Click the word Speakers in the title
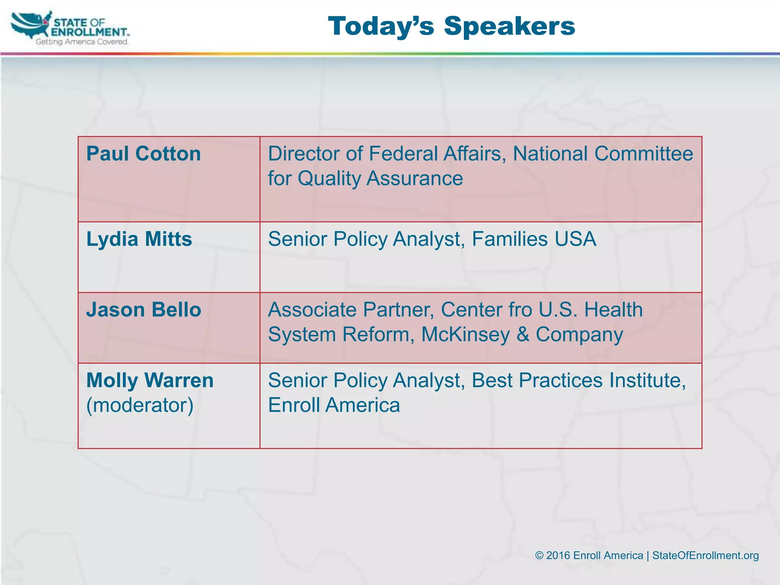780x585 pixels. click(x=509, y=27)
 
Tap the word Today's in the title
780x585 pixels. click(x=381, y=27)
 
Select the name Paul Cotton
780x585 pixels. click(x=143, y=154)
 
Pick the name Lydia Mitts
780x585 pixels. click(x=139, y=239)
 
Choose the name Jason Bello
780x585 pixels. click(x=144, y=310)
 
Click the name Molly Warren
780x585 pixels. click(x=150, y=380)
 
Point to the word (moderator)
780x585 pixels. click(x=140, y=405)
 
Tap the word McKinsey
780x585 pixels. click(x=465, y=334)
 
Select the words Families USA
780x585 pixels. click(x=534, y=239)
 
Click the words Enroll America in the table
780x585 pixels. click(x=334, y=405)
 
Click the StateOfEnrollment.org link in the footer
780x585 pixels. click(x=705, y=556)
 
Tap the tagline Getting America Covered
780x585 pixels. click(x=82, y=42)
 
